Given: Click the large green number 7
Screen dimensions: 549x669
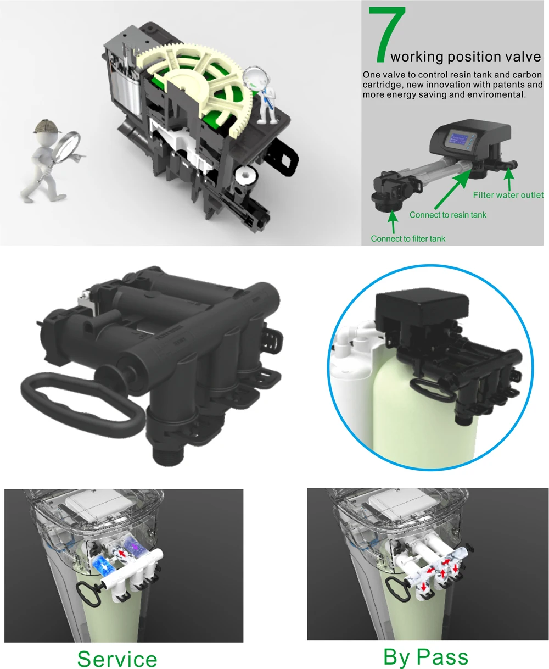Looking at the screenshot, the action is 388,34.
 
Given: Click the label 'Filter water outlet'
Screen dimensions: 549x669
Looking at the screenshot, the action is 508,195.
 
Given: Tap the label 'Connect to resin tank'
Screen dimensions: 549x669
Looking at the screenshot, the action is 447,215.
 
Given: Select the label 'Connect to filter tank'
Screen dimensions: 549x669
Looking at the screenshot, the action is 408,238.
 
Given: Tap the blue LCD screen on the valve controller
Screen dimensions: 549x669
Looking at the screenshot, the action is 458,140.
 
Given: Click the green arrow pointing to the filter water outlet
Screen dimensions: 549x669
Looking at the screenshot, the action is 509,179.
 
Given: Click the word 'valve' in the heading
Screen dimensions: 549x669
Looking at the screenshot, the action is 523,57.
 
